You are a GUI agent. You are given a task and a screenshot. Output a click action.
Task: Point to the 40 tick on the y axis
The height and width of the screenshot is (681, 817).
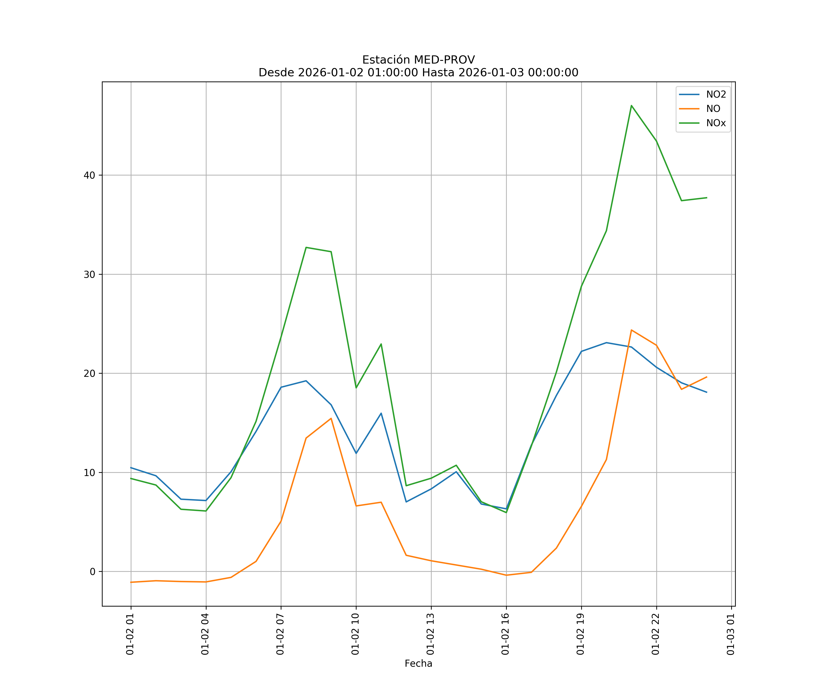click(x=89, y=175)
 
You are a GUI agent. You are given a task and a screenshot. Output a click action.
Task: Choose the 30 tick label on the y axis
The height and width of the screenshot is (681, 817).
click(x=89, y=274)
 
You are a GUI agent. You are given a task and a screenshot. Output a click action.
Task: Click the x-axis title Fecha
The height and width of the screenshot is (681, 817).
click(x=418, y=664)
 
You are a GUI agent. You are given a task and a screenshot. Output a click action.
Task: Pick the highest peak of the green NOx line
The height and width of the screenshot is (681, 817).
click(x=631, y=106)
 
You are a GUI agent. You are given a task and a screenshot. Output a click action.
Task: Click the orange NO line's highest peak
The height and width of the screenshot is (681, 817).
click(x=631, y=330)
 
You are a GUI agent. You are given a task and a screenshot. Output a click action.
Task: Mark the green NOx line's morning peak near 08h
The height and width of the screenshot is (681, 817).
click(x=306, y=247)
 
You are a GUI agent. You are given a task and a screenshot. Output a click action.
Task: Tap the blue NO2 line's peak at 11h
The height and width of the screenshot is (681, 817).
click(x=381, y=413)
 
